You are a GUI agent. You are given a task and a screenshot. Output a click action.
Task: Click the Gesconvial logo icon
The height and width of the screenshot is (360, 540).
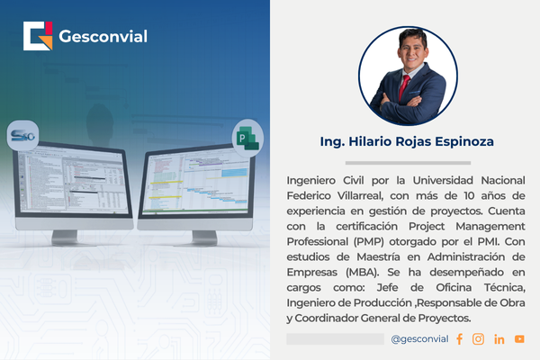[x=39, y=37]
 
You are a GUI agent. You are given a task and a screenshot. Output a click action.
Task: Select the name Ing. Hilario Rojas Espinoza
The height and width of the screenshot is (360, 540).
[x=406, y=142]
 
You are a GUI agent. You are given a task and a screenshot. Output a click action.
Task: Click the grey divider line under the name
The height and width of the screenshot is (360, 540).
[x=406, y=162]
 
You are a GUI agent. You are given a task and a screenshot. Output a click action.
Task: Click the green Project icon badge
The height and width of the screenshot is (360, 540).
[x=245, y=136]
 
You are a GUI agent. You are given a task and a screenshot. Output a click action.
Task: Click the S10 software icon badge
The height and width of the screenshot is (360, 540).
[x=20, y=136]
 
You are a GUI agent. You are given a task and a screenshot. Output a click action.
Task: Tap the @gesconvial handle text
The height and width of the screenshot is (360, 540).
[x=418, y=338]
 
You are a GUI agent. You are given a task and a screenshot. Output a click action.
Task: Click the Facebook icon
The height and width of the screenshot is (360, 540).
[x=459, y=338]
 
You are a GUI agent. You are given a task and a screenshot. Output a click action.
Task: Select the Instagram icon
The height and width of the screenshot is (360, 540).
[x=478, y=338]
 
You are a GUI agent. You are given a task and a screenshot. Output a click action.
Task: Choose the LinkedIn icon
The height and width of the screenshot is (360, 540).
[x=499, y=338]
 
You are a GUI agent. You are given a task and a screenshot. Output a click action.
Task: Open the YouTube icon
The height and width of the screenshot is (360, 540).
[x=519, y=338]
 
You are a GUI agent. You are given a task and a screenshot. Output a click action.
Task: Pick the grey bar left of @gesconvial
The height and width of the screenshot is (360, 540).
[x=335, y=338]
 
